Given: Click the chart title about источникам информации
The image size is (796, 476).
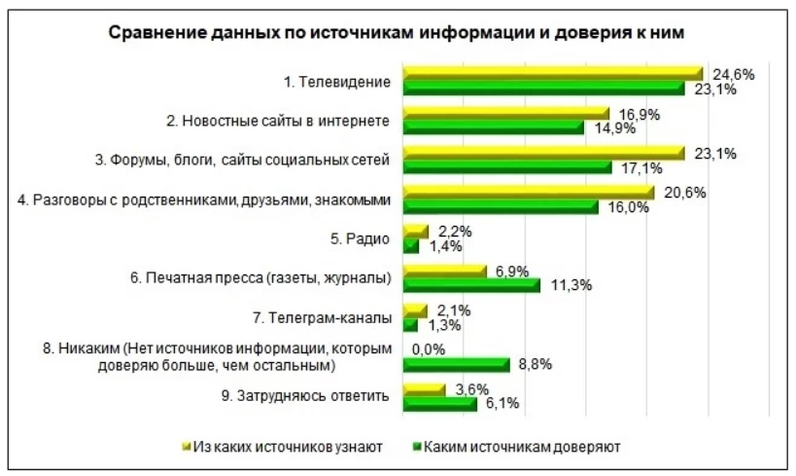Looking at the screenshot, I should tap(398, 32).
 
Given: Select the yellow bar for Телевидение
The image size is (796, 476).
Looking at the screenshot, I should tap(551, 73).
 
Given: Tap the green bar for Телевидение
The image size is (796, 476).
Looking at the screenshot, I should tap(544, 89).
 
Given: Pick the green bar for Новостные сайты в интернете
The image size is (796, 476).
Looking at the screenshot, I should tap(493, 128).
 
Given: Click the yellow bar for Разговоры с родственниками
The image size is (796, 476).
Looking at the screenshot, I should tap(528, 193).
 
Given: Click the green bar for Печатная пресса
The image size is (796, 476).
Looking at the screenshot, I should tap(470, 285).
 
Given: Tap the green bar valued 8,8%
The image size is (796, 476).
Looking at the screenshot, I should tap(455, 365).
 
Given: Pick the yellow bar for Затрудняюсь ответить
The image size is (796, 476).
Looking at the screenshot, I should tap(423, 389).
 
